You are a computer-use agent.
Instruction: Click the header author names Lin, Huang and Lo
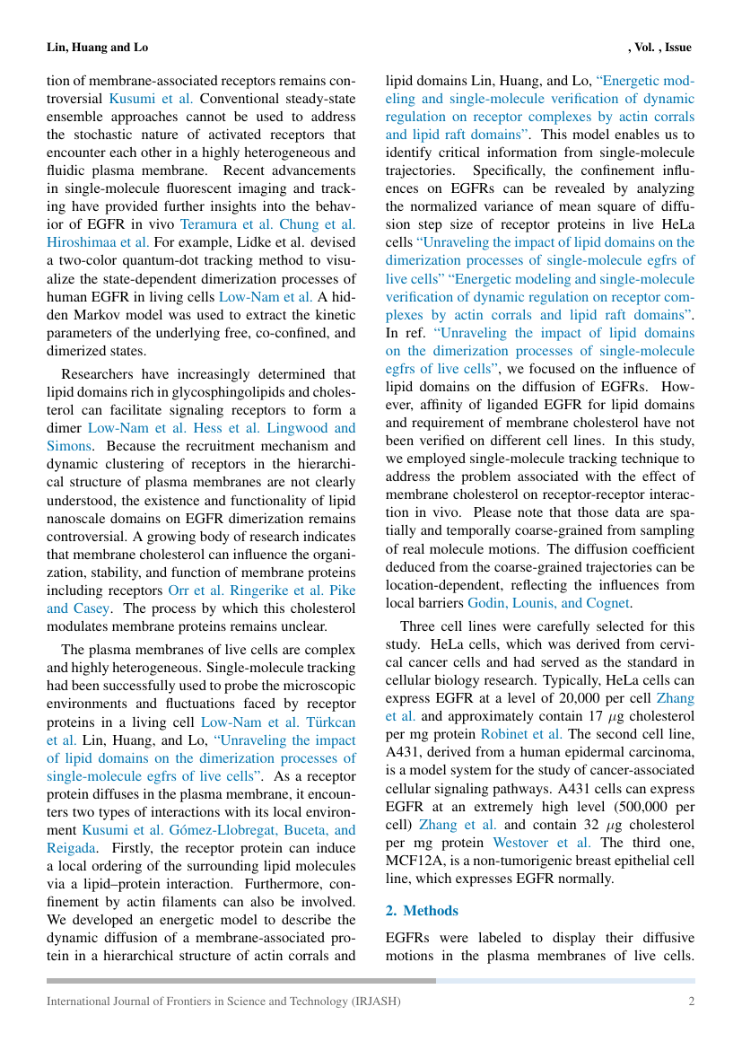[97, 47]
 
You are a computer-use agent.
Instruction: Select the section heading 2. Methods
[422, 910]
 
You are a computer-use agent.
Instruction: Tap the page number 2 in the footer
[691, 1001]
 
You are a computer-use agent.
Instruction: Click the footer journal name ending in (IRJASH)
[223, 1001]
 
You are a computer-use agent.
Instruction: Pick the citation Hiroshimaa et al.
[98, 242]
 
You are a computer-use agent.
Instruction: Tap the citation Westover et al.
[542, 842]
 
